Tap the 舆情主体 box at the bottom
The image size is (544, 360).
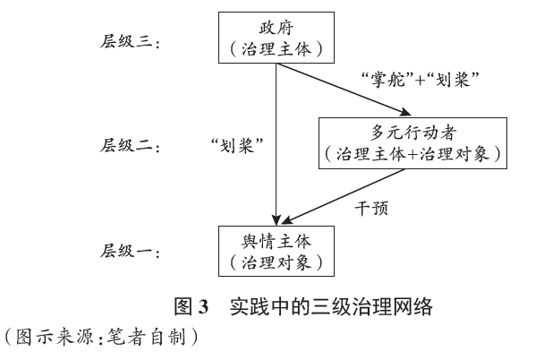point(276,252)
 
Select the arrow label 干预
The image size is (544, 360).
point(367,208)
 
